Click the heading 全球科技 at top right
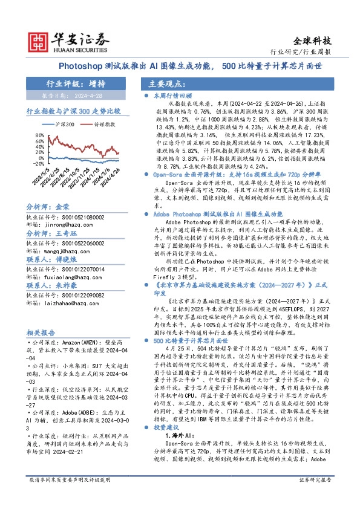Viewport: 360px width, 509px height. (312, 41)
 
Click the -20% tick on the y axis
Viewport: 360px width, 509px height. (38, 163)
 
